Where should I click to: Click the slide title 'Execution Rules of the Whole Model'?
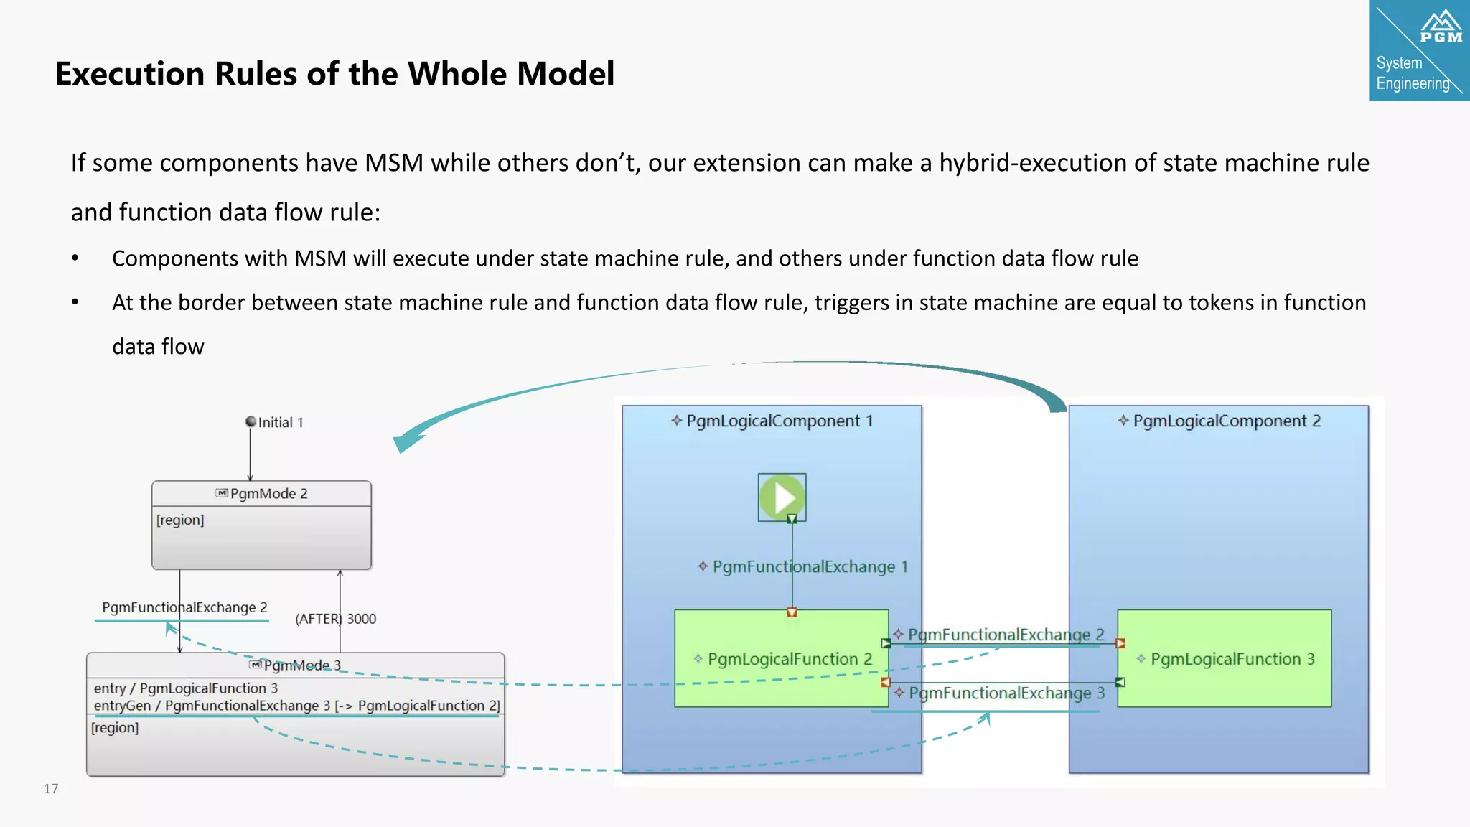click(334, 74)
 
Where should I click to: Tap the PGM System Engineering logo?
click(1419, 50)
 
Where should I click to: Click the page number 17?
click(51, 788)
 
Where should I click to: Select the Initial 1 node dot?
click(251, 421)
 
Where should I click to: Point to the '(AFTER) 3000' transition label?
click(336, 619)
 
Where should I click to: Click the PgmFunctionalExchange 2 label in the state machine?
click(184, 607)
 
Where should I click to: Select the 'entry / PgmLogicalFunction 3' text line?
click(185, 688)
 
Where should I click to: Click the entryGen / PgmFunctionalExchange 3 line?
click(296, 705)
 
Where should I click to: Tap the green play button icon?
click(782, 497)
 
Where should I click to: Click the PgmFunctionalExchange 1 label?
click(804, 566)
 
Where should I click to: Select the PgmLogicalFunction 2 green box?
click(781, 658)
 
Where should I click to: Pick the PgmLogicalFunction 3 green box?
click(1225, 658)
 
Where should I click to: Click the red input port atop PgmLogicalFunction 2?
click(792, 612)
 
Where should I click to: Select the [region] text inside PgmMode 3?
click(115, 727)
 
